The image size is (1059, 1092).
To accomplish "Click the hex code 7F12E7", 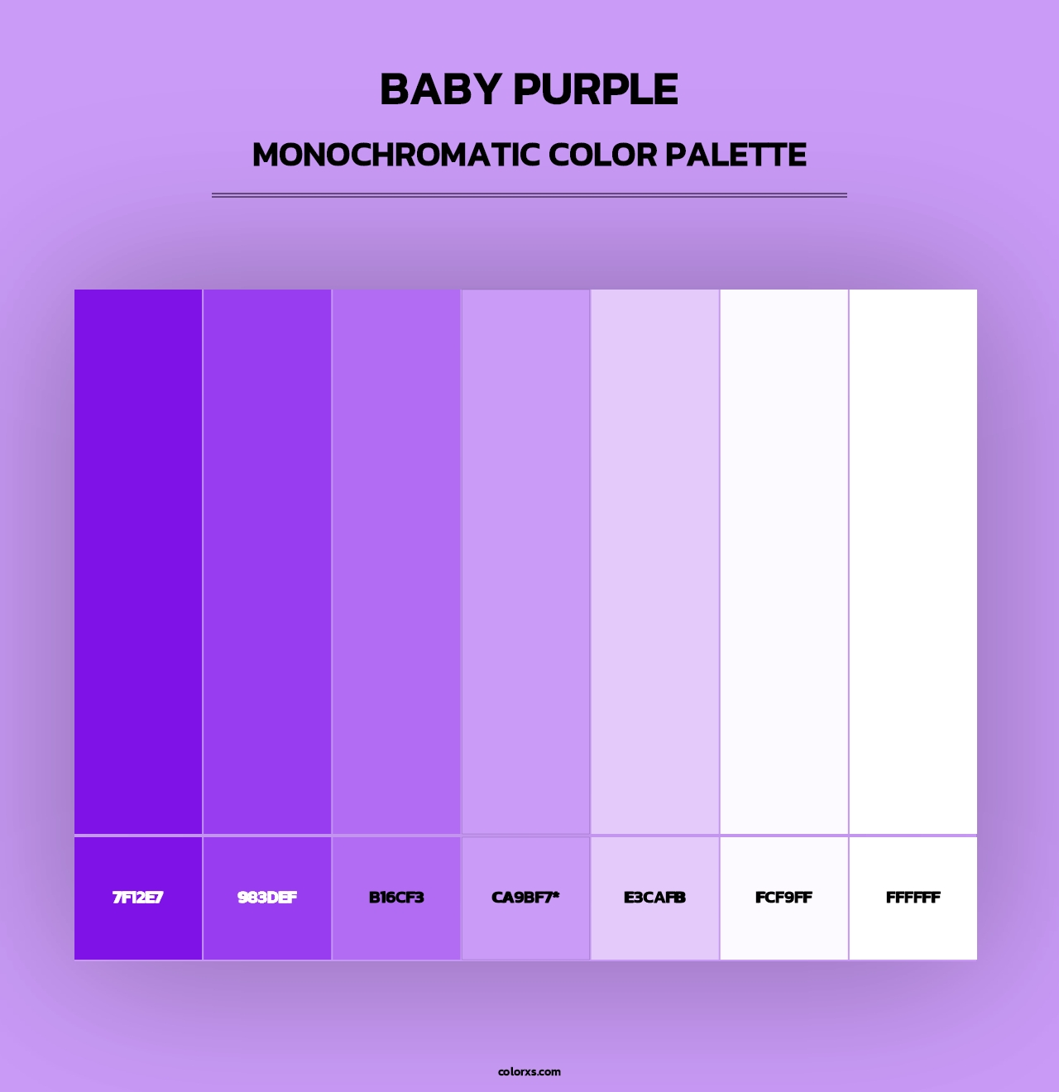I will [138, 898].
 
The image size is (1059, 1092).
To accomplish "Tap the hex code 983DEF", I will [267, 898].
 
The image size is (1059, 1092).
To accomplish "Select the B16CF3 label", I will [396, 898].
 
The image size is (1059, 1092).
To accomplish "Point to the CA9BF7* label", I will [525, 898].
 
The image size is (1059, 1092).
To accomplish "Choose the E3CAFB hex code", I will [654, 898].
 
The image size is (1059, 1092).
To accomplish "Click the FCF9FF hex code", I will [783, 898].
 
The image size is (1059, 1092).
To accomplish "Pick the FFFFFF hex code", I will [913, 898].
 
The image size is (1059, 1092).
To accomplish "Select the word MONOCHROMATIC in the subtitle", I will [396, 155].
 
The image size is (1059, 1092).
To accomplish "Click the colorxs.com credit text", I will [529, 1071].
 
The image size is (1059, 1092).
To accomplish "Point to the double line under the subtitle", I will [529, 195].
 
